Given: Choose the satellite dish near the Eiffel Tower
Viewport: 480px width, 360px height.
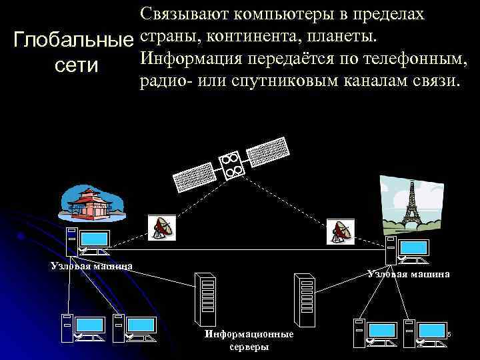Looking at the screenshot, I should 342,231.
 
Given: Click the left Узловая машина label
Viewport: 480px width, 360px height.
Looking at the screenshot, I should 91,265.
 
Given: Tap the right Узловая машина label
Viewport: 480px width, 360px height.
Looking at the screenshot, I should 408,273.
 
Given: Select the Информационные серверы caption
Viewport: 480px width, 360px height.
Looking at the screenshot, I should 249,340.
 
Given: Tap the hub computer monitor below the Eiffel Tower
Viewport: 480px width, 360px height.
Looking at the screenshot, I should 413,249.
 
